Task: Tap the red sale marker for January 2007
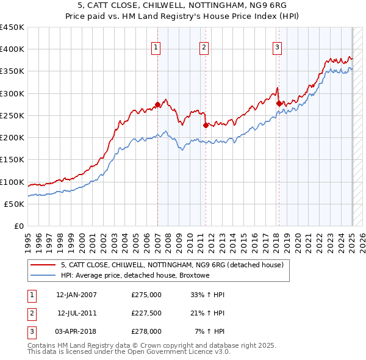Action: pos(157,104)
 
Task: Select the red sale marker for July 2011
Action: pos(206,125)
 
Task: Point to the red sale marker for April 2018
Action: pos(279,103)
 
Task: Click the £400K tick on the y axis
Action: pos(12,49)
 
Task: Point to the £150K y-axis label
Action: pos(12,160)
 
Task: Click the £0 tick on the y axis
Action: pos(18,226)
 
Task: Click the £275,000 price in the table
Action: pos(146,295)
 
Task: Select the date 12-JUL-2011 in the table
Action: pos(77,313)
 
